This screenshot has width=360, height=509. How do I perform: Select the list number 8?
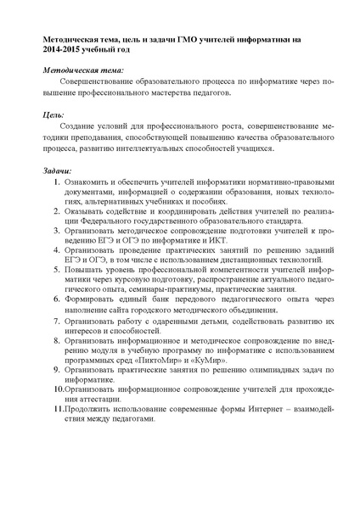pos(56,339)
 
